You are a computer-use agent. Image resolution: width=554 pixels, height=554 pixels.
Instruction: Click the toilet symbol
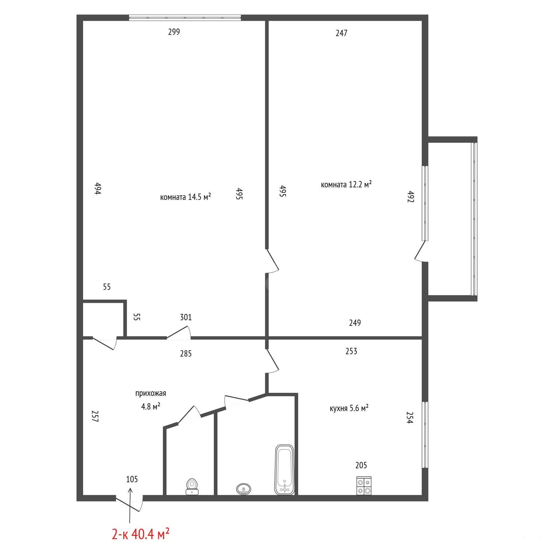point(192,486)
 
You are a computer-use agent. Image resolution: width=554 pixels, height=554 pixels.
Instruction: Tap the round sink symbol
point(244,489)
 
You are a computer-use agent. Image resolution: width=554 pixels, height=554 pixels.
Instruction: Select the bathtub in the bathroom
point(285,469)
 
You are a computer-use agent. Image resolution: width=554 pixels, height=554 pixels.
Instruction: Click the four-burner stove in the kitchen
point(364,486)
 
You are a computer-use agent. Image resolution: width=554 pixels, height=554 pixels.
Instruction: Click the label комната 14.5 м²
point(186,197)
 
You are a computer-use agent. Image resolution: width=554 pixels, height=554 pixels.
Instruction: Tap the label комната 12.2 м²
point(346,184)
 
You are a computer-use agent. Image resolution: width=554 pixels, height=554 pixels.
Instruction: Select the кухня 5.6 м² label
point(349,408)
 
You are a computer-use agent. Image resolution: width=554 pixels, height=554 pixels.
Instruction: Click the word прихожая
point(151,393)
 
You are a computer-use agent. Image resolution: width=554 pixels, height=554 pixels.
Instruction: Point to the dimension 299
point(174,32)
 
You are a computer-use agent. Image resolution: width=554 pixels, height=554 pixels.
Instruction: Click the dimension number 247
point(341,33)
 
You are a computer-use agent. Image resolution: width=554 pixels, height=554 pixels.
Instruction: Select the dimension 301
point(186,317)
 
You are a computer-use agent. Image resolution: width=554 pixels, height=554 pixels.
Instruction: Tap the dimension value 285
point(186,353)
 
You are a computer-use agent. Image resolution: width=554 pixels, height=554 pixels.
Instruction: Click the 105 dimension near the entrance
point(132,479)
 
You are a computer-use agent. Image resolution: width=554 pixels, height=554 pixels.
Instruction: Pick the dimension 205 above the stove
point(361,465)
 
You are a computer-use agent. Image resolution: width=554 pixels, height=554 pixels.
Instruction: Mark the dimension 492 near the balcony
point(411,196)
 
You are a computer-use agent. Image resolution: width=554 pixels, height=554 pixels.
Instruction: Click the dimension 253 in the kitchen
point(351,351)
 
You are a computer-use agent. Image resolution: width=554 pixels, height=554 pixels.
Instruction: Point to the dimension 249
point(355,323)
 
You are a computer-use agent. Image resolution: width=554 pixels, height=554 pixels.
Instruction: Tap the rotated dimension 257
point(95,416)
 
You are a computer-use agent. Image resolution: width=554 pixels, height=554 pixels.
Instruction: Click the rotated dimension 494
point(98,188)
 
